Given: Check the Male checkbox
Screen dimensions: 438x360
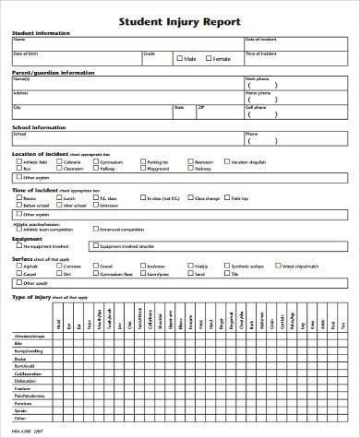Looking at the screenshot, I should [x=179, y=59].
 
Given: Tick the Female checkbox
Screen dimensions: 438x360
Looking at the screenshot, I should [x=210, y=59].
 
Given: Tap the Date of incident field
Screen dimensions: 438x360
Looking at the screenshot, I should [x=295, y=44].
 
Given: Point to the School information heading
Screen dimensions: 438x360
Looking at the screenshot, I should [x=38, y=127].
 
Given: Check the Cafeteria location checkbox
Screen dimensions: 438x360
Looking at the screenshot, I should [x=57, y=161].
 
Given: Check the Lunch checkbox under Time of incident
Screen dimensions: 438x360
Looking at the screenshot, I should [x=57, y=197].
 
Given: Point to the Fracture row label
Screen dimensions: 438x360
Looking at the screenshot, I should [x=22, y=387].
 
